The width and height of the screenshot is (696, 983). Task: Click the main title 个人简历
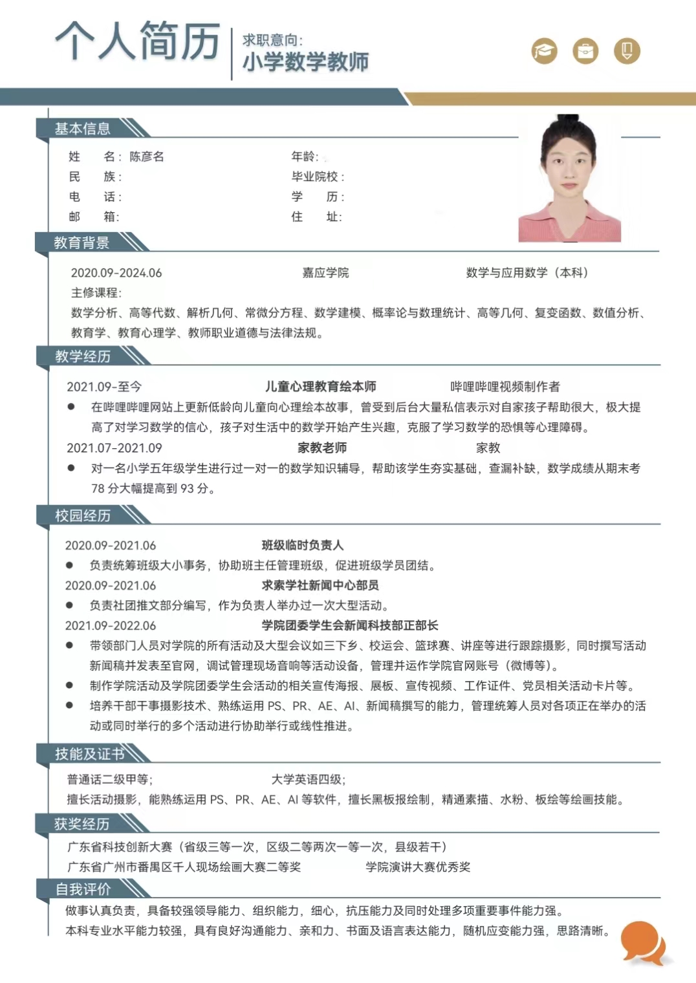pos(137,41)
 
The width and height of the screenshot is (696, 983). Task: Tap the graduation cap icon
pos(544,50)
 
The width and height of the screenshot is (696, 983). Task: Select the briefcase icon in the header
pos(585,50)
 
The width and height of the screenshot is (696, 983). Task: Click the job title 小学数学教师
pos(305,62)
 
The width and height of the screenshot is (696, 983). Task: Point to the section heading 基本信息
pos(82,129)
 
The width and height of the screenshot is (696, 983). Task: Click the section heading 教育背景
pos(82,243)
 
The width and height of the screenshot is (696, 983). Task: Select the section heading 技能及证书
pos(89,754)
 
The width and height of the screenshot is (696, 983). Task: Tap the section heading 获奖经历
pos(82,824)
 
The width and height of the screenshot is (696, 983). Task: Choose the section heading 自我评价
pos(83,889)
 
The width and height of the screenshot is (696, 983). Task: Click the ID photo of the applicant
pos(569,179)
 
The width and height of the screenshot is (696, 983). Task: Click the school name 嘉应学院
pos(325,273)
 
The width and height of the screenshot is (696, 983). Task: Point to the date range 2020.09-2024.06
pos(116,273)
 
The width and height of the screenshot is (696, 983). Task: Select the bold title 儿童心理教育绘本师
pos(320,387)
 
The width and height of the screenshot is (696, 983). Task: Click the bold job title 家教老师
pos(321,448)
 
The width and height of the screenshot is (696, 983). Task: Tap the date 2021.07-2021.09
pos(114,448)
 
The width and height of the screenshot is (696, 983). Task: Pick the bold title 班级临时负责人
pos(302,545)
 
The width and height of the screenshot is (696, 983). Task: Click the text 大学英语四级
pos(307,779)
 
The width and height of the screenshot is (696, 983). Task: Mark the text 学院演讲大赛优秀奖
pos(418,867)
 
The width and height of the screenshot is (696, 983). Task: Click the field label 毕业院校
pos(315,177)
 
